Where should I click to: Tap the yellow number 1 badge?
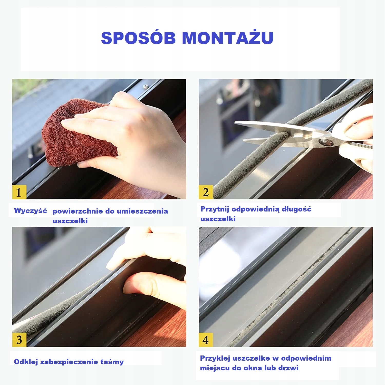(x=19, y=192)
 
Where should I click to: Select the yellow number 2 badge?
(x=206, y=192)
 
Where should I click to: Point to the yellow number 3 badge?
(x=19, y=340)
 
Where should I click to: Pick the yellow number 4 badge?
(x=206, y=340)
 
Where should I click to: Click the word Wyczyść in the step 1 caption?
(x=31, y=211)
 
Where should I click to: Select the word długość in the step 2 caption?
(x=296, y=209)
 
